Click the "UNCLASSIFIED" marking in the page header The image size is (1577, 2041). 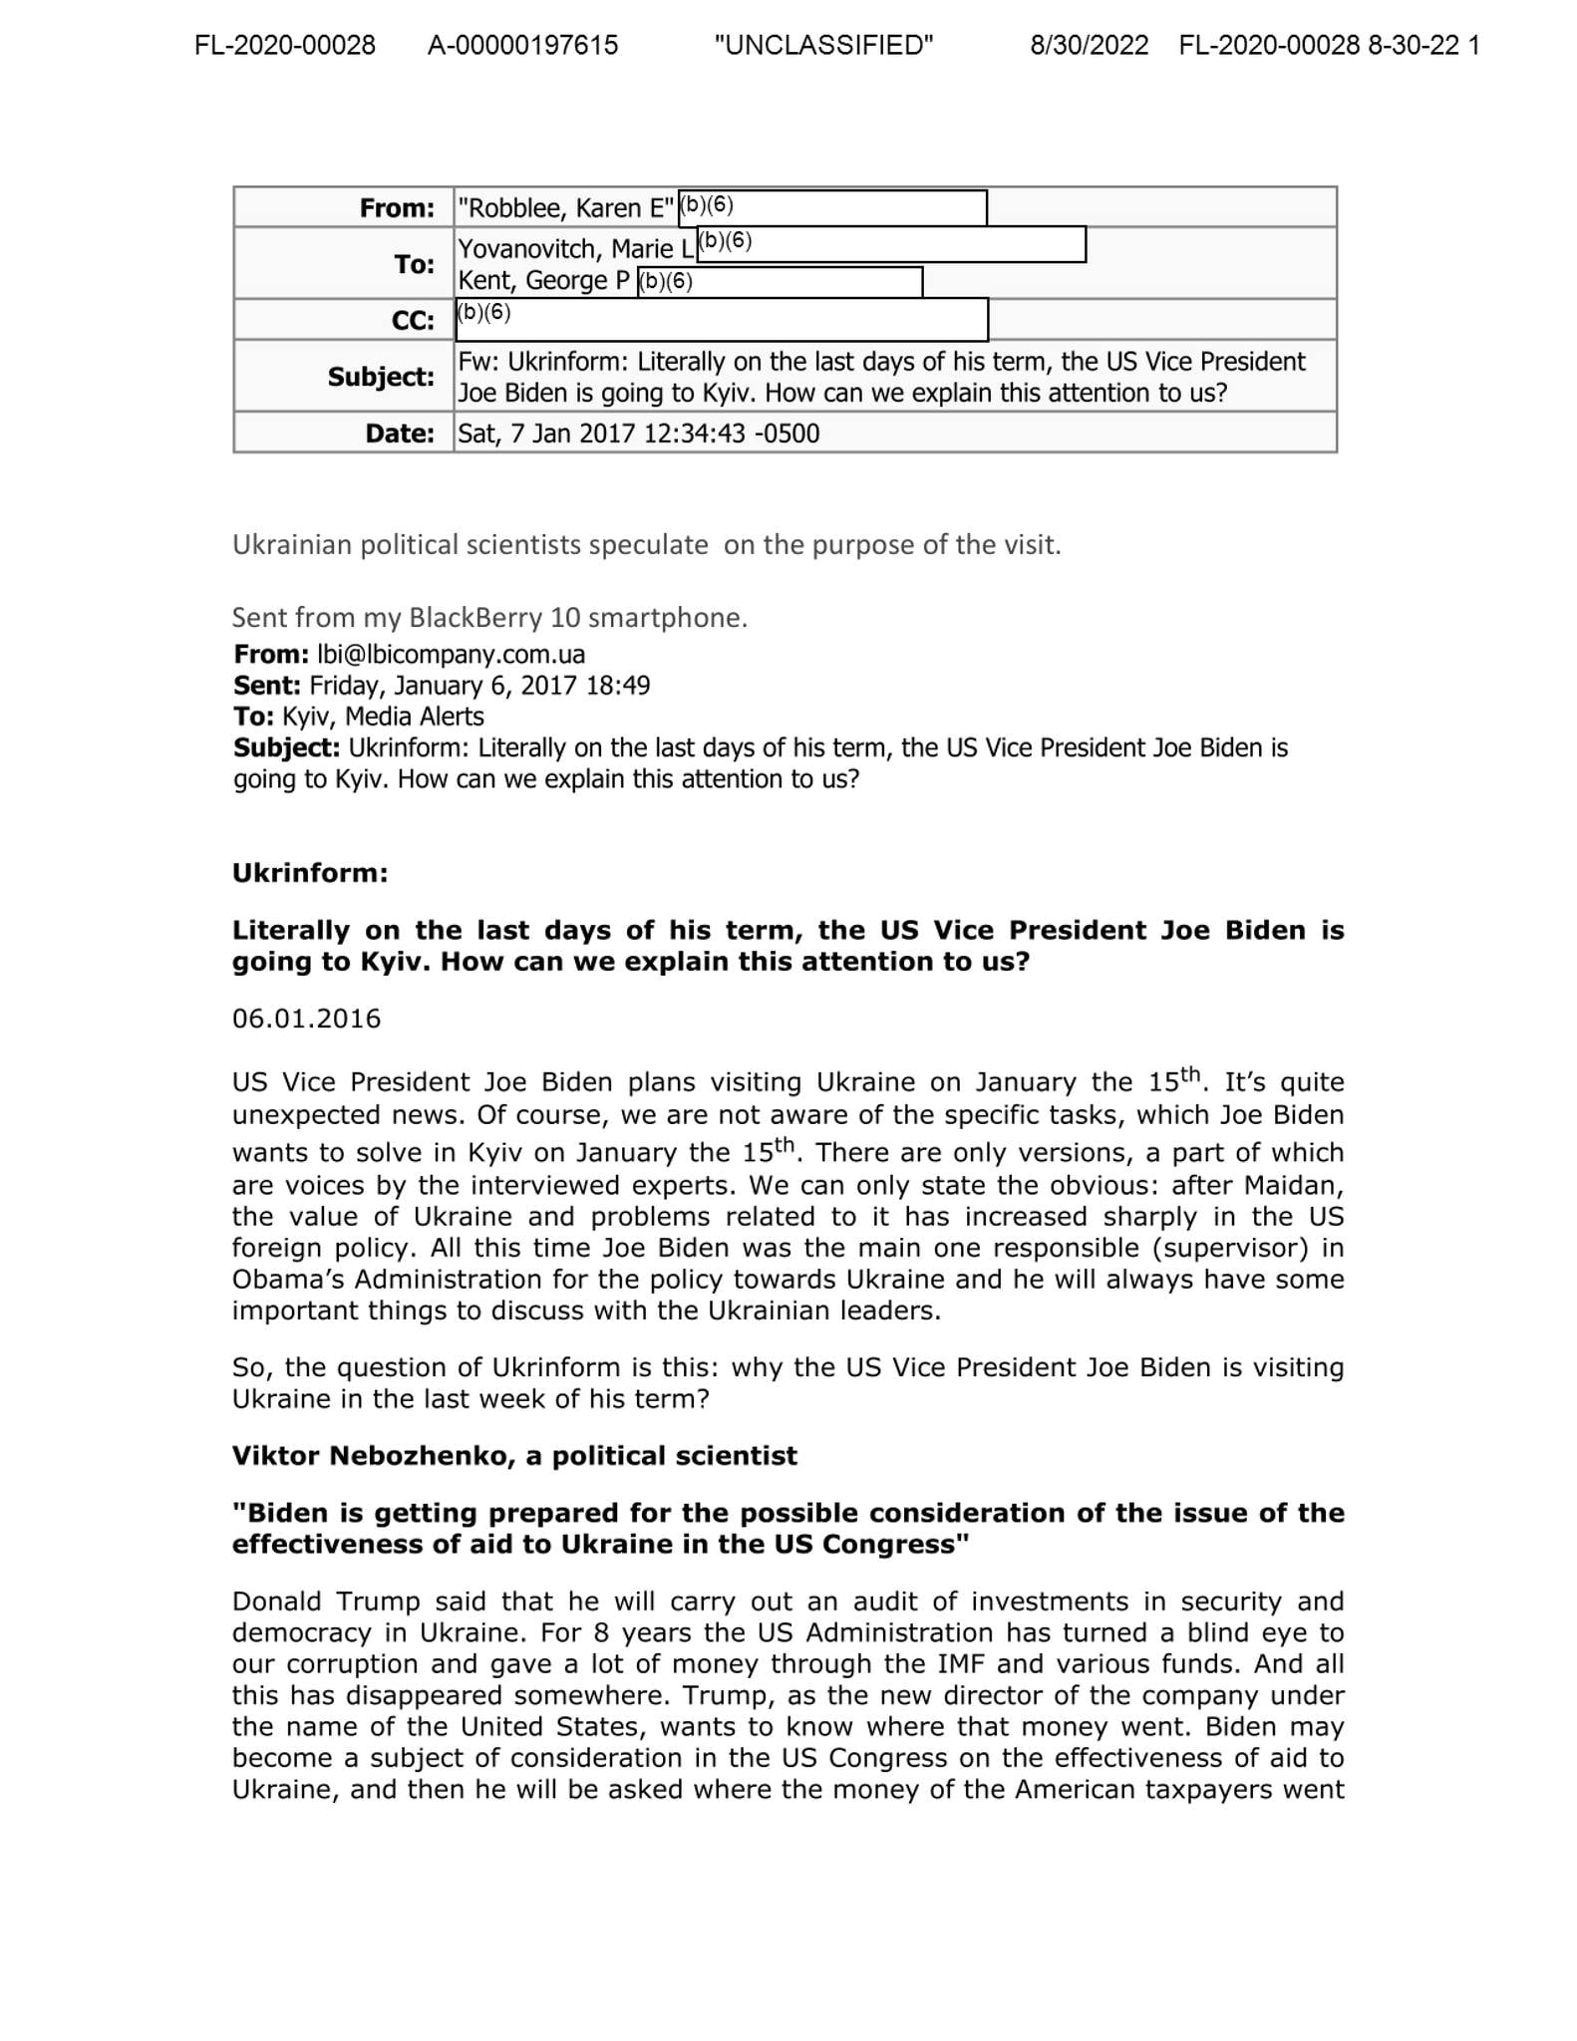823,46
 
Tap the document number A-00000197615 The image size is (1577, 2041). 522,46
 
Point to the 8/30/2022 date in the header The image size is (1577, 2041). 1089,46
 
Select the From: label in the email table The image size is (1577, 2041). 397,208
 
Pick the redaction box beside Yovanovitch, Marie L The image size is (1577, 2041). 891,244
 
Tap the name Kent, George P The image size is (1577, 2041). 543,281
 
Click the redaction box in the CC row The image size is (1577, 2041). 722,319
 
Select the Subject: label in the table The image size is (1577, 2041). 381,377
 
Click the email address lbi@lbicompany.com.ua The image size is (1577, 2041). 451,655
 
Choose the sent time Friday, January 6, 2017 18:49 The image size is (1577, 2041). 479,686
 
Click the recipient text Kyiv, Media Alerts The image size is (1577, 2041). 383,717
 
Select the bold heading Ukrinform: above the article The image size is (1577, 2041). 310,873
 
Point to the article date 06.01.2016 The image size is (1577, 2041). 307,1019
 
